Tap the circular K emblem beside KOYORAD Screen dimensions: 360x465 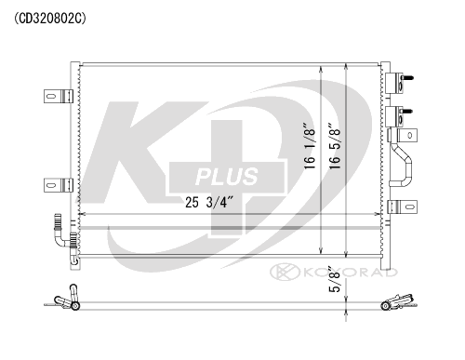point(279,272)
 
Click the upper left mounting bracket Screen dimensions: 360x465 point(57,96)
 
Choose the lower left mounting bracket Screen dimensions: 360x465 point(57,182)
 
